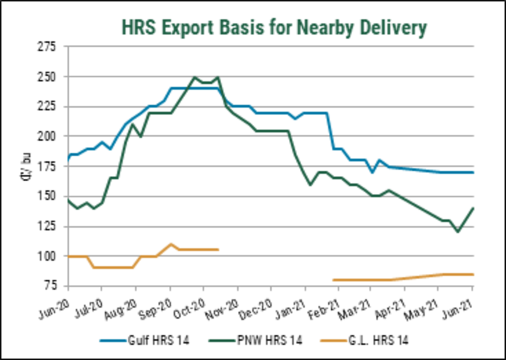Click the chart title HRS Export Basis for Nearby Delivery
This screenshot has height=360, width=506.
pos(274,27)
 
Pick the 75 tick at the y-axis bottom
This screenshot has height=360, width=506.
pos(50,286)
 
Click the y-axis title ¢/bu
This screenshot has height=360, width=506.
pos(25,167)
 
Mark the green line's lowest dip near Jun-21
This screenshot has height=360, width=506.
pos(457,232)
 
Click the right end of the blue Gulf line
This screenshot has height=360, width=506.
pos(473,172)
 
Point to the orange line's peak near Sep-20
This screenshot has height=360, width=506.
pos(172,244)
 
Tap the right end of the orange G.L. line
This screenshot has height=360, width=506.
pos(473,274)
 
